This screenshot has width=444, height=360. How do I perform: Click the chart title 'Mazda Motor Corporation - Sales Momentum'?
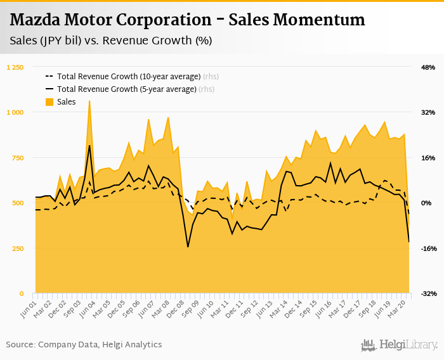[x=188, y=20]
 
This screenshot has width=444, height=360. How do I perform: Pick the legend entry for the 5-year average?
[x=126, y=89]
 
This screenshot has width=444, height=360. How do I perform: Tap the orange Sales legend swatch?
[x=49, y=101]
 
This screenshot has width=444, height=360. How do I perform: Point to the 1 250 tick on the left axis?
[x=15, y=67]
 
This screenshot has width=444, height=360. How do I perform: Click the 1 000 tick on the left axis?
[x=15, y=112]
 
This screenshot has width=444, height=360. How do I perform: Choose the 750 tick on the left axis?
[x=18, y=158]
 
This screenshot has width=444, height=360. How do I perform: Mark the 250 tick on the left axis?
[x=18, y=248]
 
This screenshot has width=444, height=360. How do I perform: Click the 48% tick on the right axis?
[x=428, y=67]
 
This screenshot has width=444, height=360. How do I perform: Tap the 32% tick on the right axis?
[x=428, y=112]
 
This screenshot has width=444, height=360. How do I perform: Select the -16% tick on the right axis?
[x=428, y=248]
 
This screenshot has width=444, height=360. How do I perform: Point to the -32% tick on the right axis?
[x=428, y=293]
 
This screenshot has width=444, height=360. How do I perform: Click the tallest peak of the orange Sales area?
[x=89, y=101]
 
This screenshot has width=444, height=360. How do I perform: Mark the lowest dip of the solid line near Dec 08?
[x=188, y=247]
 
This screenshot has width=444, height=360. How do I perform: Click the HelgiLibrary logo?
[x=399, y=345]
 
